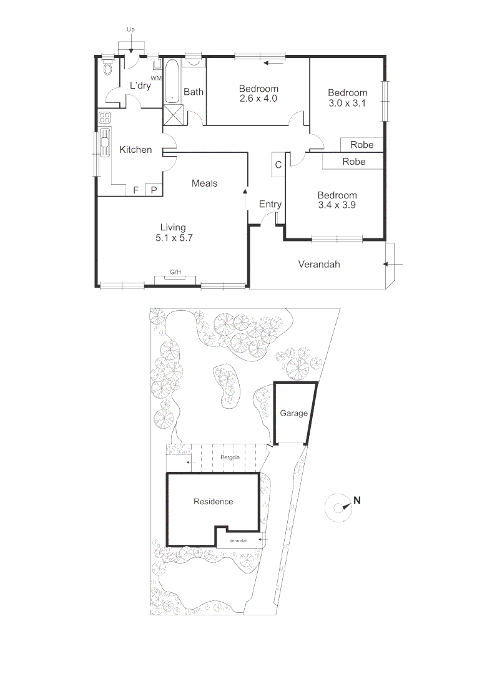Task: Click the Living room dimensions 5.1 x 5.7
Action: [172, 238]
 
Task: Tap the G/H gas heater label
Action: [175, 272]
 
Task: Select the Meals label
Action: [204, 183]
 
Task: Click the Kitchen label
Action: [135, 150]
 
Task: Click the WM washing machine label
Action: [156, 78]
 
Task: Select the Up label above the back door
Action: [130, 29]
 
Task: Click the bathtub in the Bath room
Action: [172, 81]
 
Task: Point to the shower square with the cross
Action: [173, 115]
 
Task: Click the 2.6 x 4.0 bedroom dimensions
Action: [258, 99]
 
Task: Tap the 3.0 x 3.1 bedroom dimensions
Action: [347, 104]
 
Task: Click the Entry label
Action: [270, 204]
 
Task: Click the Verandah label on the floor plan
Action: [318, 264]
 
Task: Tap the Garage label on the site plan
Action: [293, 413]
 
